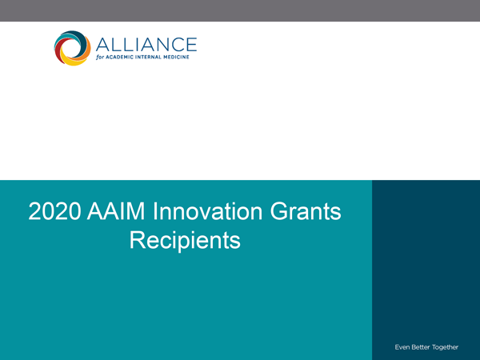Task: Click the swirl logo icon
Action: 73,48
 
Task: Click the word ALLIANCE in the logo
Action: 146,45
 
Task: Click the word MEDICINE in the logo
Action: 176,58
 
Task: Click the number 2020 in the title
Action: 54,211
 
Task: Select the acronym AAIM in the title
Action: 116,211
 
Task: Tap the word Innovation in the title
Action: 207,211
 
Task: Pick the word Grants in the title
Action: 306,211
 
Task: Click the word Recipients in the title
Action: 185,241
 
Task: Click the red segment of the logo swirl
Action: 58,53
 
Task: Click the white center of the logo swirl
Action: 72,48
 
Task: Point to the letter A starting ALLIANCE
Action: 102,45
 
